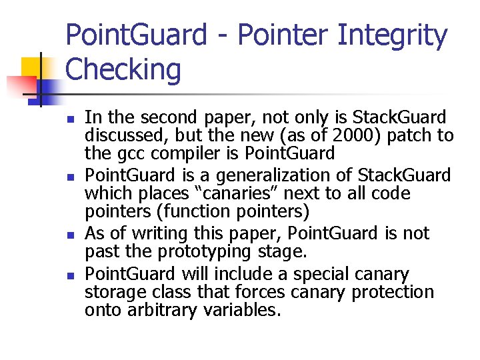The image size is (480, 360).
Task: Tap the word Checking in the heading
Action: [123, 69]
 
